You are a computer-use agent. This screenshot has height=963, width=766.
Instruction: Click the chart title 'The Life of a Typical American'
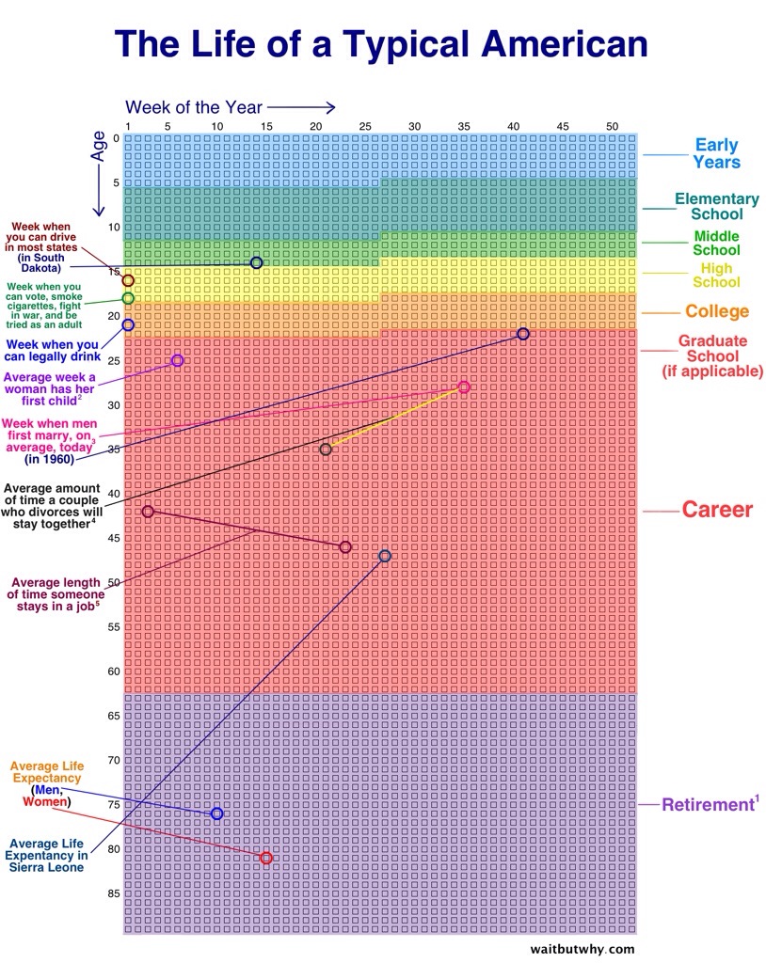pyautogui.click(x=381, y=44)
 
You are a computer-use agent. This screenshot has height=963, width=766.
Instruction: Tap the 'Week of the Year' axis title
pyautogui.click(x=194, y=107)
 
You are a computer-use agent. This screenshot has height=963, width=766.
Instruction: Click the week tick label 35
pyautogui.click(x=463, y=126)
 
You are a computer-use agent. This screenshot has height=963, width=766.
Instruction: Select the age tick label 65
pyautogui.click(x=113, y=716)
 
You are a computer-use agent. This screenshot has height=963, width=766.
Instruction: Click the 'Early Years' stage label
pyautogui.click(x=716, y=153)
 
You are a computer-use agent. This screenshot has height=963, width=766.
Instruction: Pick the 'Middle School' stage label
pyautogui.click(x=716, y=243)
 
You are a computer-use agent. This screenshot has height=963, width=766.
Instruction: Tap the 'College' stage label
pyautogui.click(x=717, y=311)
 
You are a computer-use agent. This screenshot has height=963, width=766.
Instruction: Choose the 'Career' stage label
pyautogui.click(x=717, y=510)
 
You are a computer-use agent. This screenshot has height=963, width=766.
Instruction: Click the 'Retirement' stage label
pyautogui.click(x=709, y=804)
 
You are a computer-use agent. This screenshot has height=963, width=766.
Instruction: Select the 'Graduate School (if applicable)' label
pyautogui.click(x=711, y=355)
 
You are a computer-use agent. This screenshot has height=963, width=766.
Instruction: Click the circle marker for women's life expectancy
pyautogui.click(x=266, y=858)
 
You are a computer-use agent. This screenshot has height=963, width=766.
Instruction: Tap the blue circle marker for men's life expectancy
pyautogui.click(x=217, y=813)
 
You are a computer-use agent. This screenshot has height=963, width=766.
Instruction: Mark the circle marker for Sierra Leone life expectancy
pyautogui.click(x=385, y=556)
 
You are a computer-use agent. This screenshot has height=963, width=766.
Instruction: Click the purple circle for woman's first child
pyautogui.click(x=178, y=361)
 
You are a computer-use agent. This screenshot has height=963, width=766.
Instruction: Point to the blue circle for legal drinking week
pyautogui.click(x=128, y=324)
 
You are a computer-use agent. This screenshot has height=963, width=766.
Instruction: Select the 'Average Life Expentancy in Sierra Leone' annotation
pyautogui.click(x=48, y=855)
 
